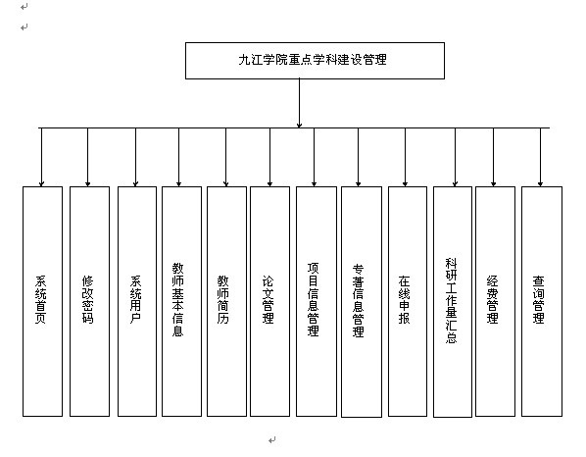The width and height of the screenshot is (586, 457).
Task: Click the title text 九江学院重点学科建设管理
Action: click(313, 60)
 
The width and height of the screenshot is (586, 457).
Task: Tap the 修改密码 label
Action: click(87, 299)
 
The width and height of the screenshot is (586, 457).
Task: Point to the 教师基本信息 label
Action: click(178, 299)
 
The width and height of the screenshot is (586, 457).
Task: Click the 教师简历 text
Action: click(223, 299)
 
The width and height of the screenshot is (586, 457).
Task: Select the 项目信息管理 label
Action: click(314, 299)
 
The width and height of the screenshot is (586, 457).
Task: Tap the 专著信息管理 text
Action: click(358, 300)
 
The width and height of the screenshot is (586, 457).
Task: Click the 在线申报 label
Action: click(404, 299)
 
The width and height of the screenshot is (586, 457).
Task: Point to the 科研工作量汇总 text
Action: click(451, 300)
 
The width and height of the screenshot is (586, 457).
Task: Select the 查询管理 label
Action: click(539, 299)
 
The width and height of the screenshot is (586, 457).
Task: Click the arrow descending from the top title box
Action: click(299, 103)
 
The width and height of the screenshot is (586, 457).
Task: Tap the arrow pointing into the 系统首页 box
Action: click(41, 157)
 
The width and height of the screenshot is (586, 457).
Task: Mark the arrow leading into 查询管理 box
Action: click(540, 157)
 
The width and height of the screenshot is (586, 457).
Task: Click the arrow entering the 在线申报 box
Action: click(405, 157)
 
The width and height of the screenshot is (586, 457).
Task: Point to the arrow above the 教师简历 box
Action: click(225, 157)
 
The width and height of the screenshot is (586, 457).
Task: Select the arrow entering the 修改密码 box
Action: click(88, 157)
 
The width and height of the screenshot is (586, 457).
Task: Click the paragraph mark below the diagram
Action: click(272, 439)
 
